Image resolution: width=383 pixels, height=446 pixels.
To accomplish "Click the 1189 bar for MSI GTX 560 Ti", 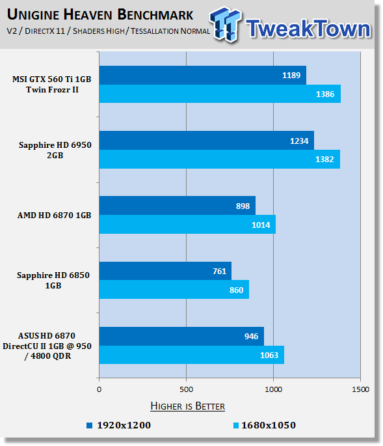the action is pos(203,75).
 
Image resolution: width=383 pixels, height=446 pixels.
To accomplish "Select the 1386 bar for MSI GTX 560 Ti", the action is pos(220,94).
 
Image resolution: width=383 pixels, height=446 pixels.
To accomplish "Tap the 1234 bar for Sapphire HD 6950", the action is pos(207,140).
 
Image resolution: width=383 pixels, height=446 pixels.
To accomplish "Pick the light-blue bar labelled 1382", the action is pos(220,159).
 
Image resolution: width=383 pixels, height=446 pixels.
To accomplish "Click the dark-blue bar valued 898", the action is pos(178,205).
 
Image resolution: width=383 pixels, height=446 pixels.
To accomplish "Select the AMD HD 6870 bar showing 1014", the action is pos(187,224).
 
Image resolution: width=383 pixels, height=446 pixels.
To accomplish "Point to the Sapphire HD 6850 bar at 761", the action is pos(165,271).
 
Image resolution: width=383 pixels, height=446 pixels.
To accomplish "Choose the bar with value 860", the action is pos(174,289).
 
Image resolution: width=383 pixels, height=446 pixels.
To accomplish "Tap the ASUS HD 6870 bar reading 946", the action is pos(181,336).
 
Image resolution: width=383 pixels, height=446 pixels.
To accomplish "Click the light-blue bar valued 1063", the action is pos(191,355).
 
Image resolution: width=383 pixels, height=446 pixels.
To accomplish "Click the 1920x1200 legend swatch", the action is pos(90,426).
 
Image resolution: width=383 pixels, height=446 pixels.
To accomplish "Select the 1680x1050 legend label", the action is pos(269,425).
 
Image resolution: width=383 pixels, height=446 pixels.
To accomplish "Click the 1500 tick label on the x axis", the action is pos(360,389).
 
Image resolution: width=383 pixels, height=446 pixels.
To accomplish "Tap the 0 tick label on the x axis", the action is pos(99,389).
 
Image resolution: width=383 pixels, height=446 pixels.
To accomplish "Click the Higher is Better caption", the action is pos(187,406).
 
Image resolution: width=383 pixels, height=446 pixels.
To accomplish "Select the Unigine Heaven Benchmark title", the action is pos(100,15).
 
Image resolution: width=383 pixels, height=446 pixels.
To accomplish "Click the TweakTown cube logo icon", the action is pos(226,24).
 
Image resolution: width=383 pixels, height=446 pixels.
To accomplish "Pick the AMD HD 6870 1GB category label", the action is pos(54,216).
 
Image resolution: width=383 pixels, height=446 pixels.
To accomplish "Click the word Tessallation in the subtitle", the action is pos(154,31).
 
